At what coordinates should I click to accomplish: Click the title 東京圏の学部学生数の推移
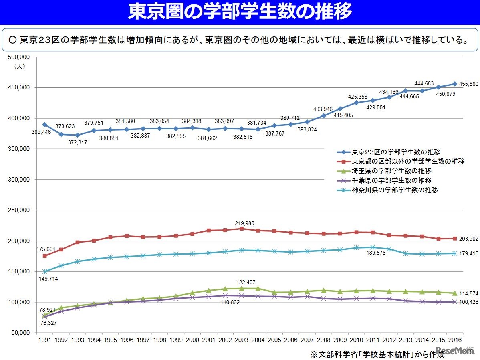(x=240, y=12)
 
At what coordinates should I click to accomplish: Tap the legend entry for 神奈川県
(x=394, y=190)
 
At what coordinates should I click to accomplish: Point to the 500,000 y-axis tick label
(x=20, y=57)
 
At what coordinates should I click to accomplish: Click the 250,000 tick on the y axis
(x=20, y=210)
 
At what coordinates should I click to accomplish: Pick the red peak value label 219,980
(x=244, y=223)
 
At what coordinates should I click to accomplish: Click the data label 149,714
(x=48, y=279)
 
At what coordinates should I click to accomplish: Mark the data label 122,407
(x=246, y=282)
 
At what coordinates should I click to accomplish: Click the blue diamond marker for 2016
(x=455, y=84)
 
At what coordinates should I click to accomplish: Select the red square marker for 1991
(x=44, y=256)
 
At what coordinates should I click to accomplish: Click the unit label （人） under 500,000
(x=19, y=67)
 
